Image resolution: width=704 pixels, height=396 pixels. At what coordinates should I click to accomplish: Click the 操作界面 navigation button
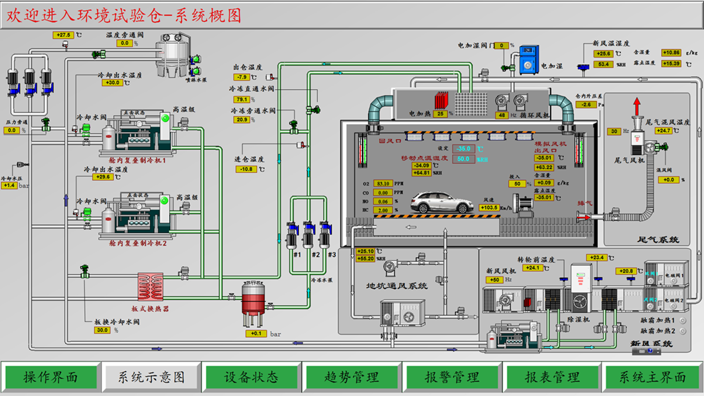[50, 377]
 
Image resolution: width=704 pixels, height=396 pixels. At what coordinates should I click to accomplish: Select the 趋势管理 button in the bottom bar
[352, 377]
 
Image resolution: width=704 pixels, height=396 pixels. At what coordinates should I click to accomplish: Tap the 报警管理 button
[452, 377]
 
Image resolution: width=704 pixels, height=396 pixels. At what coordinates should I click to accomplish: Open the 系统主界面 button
[652, 377]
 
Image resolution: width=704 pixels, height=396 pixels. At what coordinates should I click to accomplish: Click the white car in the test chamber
[442, 203]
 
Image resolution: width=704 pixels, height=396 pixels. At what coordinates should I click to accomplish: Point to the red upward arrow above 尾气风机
[637, 106]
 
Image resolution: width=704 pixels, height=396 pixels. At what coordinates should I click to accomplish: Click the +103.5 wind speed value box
[489, 208]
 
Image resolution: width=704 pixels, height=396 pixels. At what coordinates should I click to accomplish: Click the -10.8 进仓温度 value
[246, 169]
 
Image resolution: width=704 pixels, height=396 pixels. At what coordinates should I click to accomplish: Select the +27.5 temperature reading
[63, 35]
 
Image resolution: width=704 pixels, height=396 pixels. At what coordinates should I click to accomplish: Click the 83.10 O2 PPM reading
[383, 183]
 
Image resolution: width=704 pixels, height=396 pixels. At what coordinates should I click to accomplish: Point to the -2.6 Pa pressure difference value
[585, 105]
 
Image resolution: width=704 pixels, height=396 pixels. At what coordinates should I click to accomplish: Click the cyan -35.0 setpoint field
[463, 148]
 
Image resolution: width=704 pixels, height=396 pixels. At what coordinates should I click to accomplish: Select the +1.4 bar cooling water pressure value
[9, 186]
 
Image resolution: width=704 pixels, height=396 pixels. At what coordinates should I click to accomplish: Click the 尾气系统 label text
[658, 240]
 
